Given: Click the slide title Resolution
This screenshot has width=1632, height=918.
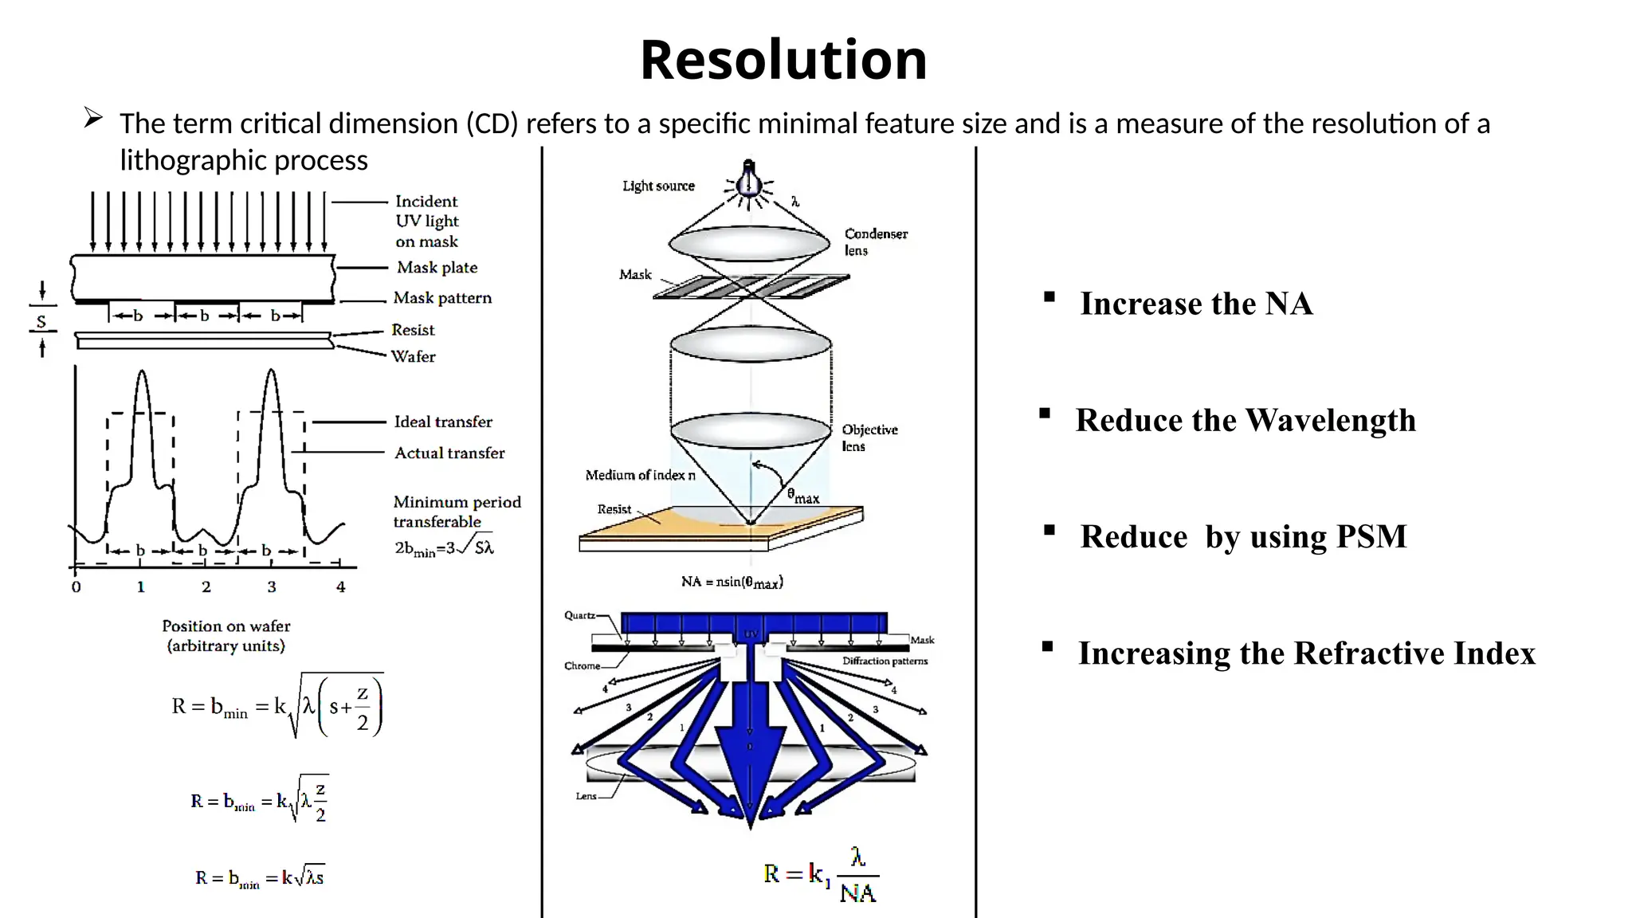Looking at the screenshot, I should click(783, 61).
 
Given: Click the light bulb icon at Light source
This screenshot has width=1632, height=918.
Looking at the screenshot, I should click(748, 180).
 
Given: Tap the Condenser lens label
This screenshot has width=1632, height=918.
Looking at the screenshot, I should click(875, 241).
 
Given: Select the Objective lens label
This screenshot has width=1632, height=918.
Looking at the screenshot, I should click(869, 437).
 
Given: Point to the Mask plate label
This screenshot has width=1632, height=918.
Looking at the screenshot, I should click(437, 268).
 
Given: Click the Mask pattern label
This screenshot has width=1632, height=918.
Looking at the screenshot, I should click(442, 298).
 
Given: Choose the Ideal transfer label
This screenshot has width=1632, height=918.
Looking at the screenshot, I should click(443, 422).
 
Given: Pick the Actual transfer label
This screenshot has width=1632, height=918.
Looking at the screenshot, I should click(449, 453).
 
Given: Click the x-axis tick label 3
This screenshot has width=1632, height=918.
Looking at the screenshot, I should click(272, 587).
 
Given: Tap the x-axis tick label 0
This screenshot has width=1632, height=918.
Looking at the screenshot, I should click(76, 587).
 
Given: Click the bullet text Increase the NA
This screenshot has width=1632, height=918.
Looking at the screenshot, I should click(1195, 304).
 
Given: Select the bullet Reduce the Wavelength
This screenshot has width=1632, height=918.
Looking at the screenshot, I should click(1245, 420).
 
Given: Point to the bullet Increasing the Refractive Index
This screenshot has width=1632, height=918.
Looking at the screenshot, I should click(1306, 653).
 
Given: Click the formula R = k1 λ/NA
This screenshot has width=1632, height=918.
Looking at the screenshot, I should click(820, 875).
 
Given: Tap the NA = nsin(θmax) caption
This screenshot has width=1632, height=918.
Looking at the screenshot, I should click(732, 582).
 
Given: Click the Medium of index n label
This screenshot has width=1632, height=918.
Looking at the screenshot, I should click(640, 475).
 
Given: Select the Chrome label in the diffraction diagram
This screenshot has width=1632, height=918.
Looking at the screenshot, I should click(582, 665).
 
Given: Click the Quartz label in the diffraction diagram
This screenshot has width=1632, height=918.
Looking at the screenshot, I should click(579, 615).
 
